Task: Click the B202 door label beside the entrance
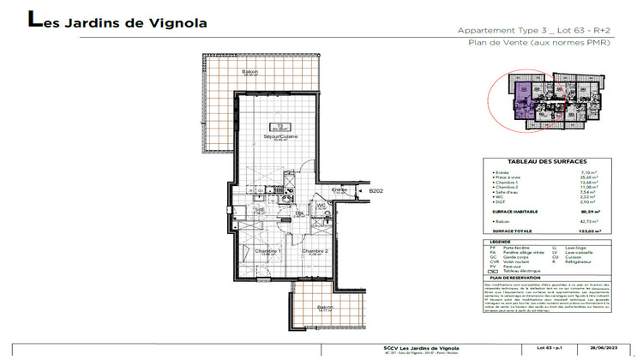(375, 192)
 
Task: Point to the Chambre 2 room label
(314, 250)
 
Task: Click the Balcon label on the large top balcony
(249, 71)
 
